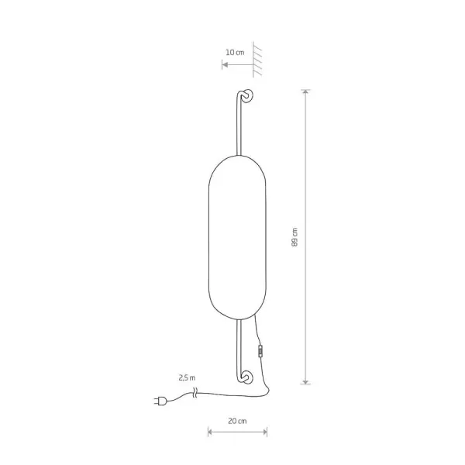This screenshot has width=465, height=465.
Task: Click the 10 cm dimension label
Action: point(235,53)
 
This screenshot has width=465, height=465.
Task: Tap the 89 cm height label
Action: point(294,237)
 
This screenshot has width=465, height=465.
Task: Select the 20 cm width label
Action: point(237,421)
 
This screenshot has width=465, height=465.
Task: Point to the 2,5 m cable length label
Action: point(187,378)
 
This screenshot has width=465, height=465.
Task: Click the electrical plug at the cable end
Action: point(160,401)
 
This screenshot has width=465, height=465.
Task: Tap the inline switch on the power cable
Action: point(260,351)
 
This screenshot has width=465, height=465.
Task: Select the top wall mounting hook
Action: point(246,96)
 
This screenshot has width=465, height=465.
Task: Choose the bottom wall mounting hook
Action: point(246,377)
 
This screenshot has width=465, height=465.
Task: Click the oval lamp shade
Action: point(237,238)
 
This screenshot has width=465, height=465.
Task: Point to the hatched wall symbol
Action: point(257,60)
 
